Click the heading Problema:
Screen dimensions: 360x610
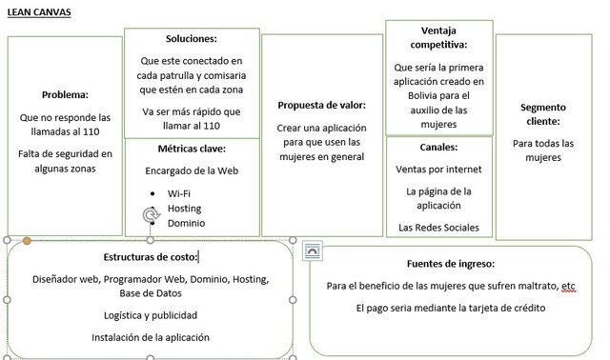[65, 94]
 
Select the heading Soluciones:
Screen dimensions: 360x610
[191, 39]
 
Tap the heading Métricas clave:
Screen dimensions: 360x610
[191, 149]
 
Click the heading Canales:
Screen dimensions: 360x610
[438, 148]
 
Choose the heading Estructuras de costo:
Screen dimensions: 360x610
[150, 257]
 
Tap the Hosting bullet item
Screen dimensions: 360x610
[184, 208]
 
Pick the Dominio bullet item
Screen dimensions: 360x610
[186, 223]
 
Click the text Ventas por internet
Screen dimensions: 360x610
[438, 170]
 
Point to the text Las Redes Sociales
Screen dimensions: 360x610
[438, 228]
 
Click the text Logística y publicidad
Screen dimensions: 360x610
[151, 315]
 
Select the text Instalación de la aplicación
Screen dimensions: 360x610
[151, 337]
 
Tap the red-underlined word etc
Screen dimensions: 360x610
[568, 286]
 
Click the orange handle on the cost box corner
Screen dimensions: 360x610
[27, 240]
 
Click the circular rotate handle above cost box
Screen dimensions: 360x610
[150, 216]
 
